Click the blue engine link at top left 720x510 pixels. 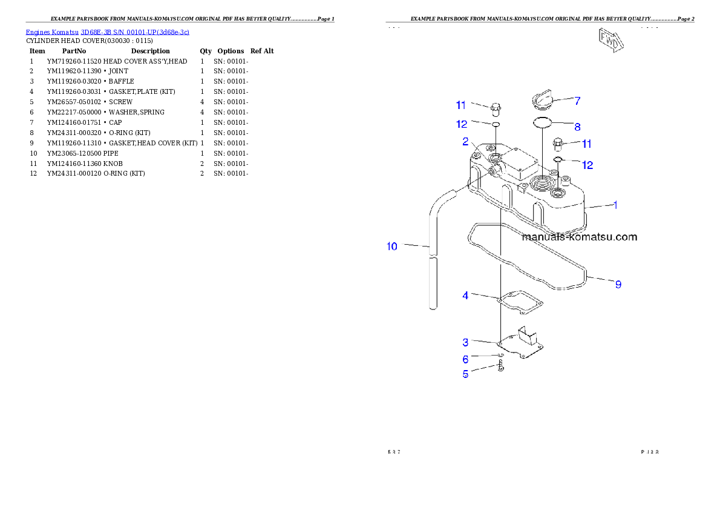(x=107, y=32)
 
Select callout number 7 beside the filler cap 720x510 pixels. (x=577, y=100)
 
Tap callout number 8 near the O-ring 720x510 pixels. (x=577, y=127)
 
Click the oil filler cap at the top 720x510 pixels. (x=543, y=98)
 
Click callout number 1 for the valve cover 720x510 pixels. (x=615, y=205)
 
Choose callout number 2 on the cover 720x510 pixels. (x=465, y=141)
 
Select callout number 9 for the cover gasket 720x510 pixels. (x=618, y=283)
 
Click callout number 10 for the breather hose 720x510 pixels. (x=392, y=247)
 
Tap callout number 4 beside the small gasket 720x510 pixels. (x=465, y=296)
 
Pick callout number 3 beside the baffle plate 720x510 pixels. (x=465, y=342)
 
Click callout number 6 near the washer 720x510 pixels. (x=465, y=359)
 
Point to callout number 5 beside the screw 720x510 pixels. (x=465, y=374)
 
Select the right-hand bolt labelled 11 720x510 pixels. (x=558, y=144)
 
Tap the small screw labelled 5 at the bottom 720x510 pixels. (x=501, y=366)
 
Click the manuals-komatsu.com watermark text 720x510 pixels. (x=579, y=237)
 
